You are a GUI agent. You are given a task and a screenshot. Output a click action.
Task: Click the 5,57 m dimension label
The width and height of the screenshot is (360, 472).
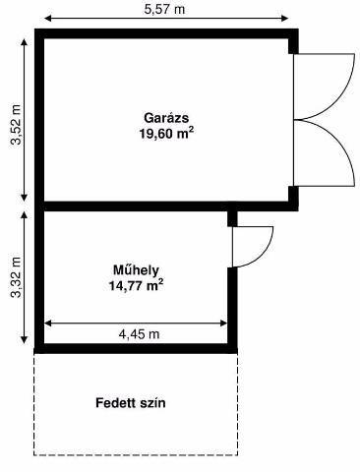(x=164, y=9)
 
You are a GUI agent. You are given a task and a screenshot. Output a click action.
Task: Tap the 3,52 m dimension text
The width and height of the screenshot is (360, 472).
(x=16, y=125)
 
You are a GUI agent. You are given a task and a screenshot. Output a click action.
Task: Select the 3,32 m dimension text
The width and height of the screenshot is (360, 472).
(x=16, y=277)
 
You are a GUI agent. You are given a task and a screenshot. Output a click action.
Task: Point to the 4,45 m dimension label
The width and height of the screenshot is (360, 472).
(x=139, y=334)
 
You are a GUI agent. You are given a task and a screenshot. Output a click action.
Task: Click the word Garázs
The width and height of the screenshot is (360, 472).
(x=166, y=118)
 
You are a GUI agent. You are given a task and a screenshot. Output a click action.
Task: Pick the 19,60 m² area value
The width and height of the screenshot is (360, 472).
(x=166, y=134)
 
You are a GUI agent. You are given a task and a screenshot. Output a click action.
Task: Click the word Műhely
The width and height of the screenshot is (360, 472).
(x=136, y=270)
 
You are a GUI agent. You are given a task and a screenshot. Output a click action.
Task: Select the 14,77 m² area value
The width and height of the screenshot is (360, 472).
(x=136, y=285)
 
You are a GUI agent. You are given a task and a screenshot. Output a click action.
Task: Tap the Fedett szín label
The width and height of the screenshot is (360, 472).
(x=131, y=403)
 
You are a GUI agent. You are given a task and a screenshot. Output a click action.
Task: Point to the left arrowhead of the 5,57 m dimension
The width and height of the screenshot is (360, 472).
(x=48, y=19)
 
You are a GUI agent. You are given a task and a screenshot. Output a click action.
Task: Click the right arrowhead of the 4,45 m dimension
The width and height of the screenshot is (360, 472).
(x=223, y=324)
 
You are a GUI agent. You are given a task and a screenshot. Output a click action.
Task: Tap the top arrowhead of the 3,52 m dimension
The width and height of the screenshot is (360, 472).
(x=24, y=42)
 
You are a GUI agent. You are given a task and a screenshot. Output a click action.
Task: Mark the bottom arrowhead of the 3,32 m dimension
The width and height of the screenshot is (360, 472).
(x=24, y=339)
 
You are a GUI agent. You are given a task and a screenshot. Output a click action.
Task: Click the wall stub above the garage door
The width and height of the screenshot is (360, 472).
(x=293, y=46)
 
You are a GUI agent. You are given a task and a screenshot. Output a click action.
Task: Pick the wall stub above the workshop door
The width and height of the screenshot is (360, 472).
(x=232, y=218)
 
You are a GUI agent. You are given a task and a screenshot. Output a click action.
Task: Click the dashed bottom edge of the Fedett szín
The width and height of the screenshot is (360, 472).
(x=136, y=454)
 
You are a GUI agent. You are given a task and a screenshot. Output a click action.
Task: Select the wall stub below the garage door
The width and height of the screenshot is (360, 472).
(x=293, y=194)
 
